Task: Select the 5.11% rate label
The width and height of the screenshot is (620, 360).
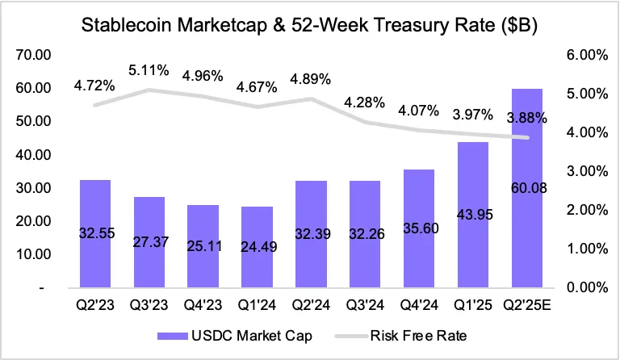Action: [x=149, y=70]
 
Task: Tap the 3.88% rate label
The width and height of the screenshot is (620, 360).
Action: [x=528, y=117]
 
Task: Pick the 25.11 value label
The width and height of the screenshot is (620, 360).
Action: [x=203, y=246]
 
